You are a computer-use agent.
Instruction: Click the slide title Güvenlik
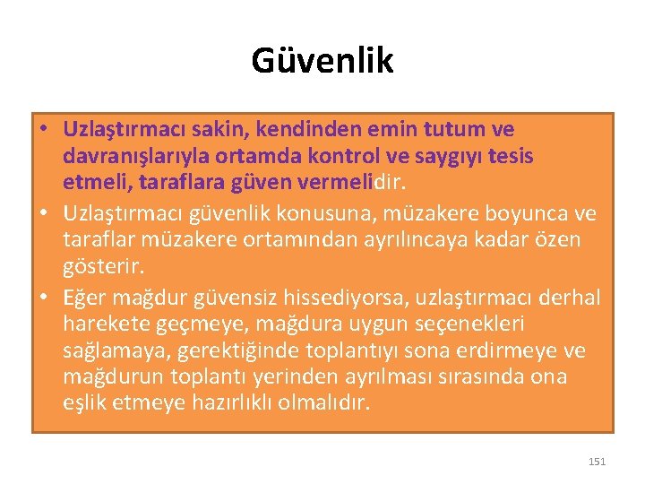(322, 61)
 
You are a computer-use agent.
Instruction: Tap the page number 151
(598, 462)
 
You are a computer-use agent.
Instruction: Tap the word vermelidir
(359, 184)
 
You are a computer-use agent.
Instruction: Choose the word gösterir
(100, 268)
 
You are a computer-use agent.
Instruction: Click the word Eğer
(87, 298)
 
